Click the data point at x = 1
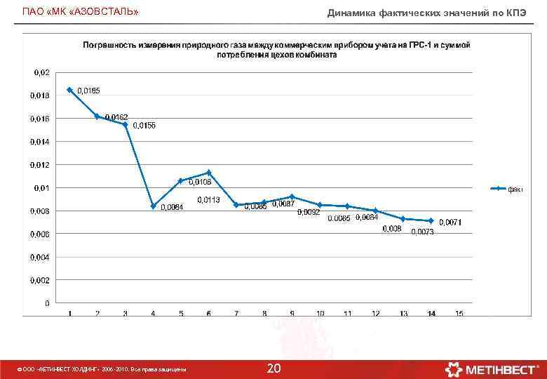click(69, 90)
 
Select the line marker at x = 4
click(153, 206)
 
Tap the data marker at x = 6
click(209, 173)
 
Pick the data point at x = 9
click(292, 197)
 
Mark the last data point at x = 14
click(431, 220)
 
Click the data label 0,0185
click(88, 91)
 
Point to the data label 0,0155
click(144, 125)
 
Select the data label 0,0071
click(450, 222)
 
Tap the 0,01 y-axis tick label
click(41, 188)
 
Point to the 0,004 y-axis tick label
click(39, 257)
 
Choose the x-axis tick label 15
click(459, 313)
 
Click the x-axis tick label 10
click(320, 313)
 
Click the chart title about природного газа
click(276, 50)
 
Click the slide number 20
click(273, 368)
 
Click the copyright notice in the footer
click(102, 369)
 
